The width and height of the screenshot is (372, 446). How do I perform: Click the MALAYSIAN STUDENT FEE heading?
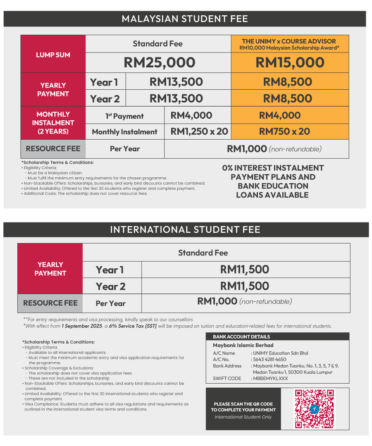pos(185,19)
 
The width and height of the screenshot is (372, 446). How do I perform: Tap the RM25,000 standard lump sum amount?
pos(159,62)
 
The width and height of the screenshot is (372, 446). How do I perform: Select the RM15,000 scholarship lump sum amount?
pos(290,62)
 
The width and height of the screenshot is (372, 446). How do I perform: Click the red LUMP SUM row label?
pos(53,55)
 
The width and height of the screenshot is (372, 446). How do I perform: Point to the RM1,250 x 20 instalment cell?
pos(199,131)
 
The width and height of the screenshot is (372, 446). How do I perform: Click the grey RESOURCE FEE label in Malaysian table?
pos(53,149)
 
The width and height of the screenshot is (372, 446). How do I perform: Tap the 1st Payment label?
pos(124,116)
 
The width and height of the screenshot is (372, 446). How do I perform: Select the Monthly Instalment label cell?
pos(124,132)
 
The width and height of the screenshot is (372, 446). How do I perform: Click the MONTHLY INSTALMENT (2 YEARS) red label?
pos(53,123)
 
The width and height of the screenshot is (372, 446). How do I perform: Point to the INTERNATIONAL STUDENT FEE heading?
pos(185,229)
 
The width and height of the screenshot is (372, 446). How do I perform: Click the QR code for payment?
pos(314,409)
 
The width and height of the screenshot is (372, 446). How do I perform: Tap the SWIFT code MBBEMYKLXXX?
pos(270,379)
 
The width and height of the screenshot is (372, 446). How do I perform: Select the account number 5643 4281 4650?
pos(269,360)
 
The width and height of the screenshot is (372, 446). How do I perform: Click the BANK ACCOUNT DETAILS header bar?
pos(277,337)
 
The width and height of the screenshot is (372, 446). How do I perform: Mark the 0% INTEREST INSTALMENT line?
pos(273,168)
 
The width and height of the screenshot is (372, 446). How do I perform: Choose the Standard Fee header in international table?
pos(203,253)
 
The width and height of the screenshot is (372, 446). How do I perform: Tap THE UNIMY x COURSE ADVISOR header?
pos(289,41)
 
